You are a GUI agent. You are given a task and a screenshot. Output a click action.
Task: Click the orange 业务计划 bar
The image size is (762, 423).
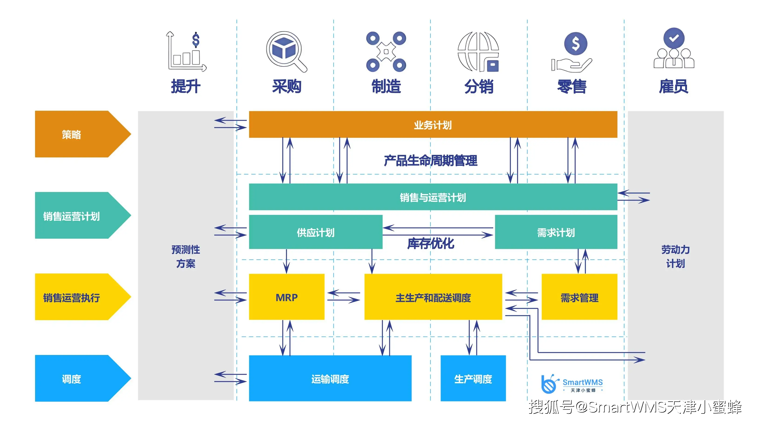coord(433,124)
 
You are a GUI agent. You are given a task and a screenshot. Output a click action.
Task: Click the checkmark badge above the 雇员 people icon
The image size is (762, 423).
coord(674,38)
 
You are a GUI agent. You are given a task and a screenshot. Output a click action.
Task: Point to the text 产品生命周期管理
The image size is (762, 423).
coord(430,160)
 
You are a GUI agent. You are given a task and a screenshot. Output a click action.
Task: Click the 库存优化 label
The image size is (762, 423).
coord(430,243)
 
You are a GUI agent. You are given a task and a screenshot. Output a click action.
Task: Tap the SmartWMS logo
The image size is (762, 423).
coord(572,384)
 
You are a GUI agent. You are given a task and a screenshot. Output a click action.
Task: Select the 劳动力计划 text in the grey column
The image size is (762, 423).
coord(675,256)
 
